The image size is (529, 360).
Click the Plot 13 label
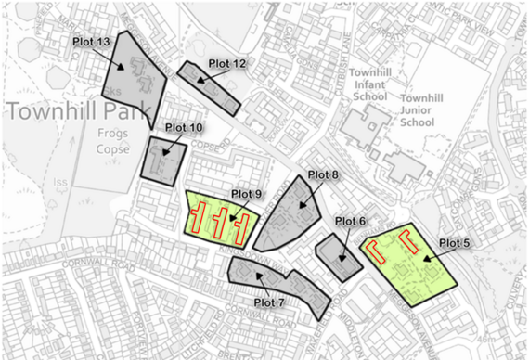click(x=91, y=43)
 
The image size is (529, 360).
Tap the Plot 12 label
click(x=226, y=63)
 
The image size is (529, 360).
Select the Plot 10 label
click(x=182, y=127)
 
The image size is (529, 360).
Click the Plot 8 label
click(x=323, y=174)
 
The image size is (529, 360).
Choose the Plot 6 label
click(x=350, y=221)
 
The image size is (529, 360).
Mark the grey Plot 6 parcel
click(x=338, y=257)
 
